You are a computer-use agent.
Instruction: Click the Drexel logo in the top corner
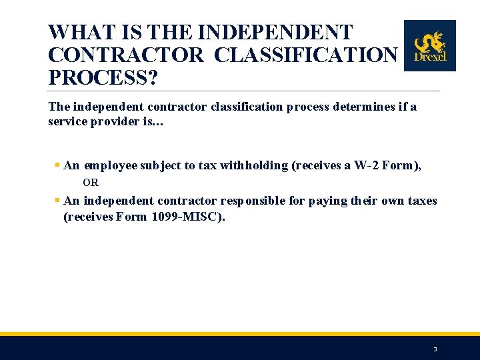tap(430, 45)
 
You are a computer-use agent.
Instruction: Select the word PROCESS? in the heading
tap(103, 77)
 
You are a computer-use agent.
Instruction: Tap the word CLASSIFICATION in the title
tap(306, 55)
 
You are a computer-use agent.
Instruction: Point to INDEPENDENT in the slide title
tap(276, 33)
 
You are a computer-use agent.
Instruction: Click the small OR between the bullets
tap(91, 182)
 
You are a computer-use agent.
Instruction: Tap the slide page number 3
tap(435, 349)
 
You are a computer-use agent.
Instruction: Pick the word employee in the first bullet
tap(111, 166)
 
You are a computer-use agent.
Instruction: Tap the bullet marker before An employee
tap(57, 165)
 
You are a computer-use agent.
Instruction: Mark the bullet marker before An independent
tap(57, 200)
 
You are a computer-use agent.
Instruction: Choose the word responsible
tap(258, 201)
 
